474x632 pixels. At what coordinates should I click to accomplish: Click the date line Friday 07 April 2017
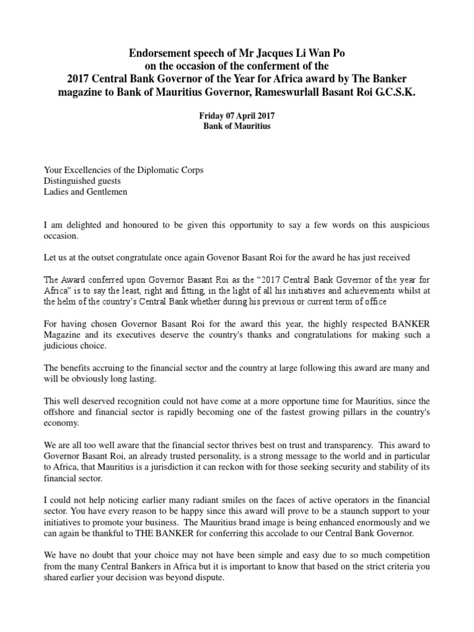pos(236,115)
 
